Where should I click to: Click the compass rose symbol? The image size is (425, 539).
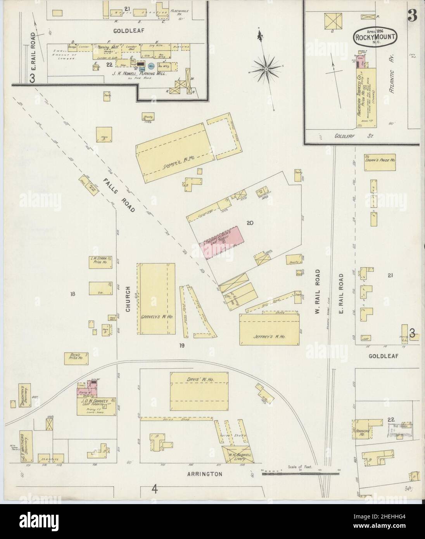pyautogui.click(x=267, y=69)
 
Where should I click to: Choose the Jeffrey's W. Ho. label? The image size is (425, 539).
pyautogui.click(x=271, y=337)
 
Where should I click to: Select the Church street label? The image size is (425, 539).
pyautogui.click(x=128, y=301)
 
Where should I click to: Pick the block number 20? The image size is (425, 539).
pyautogui.click(x=250, y=223)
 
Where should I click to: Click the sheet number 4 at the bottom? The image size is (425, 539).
pyautogui.click(x=155, y=489)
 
